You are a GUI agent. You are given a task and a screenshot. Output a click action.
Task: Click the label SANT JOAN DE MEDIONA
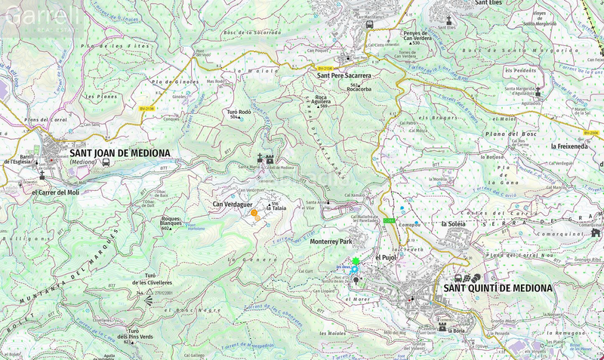(119, 153)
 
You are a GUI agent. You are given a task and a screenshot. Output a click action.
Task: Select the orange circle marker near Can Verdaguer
(254, 214)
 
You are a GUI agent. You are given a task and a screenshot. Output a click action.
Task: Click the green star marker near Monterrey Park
(356, 261)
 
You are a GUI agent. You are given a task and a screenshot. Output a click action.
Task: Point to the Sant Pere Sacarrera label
(344, 75)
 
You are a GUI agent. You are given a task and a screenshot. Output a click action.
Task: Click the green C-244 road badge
(390, 220)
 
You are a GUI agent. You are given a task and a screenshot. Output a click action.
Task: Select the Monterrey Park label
(331, 242)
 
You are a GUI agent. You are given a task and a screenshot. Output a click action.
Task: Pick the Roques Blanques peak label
(175, 223)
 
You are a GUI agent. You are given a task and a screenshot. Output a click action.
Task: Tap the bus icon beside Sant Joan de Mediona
(106, 162)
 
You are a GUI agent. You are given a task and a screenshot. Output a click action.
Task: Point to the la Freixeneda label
(573, 146)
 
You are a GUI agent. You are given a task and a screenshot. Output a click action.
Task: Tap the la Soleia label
(454, 224)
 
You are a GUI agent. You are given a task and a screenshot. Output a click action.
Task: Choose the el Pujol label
(386, 257)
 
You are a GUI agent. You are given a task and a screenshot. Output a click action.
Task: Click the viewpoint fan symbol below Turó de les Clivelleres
(149, 300)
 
